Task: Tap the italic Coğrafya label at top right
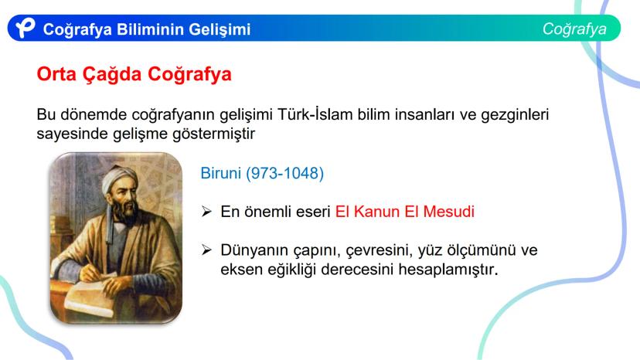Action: coord(574,29)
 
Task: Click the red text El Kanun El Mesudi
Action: coord(404,212)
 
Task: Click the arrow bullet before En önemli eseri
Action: coord(206,212)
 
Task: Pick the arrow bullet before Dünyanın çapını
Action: coord(206,251)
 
